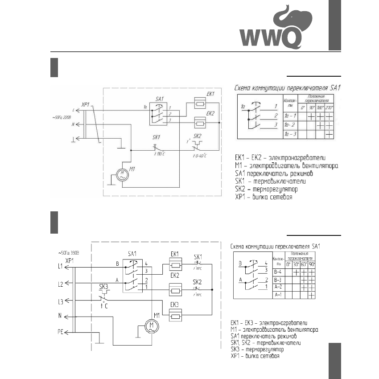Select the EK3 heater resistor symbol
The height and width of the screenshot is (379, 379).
tap(175, 317)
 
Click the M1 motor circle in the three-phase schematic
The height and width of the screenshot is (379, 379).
tap(151, 326)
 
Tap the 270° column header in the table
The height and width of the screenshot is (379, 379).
tap(330, 108)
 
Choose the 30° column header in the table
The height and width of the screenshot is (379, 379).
tap(296, 264)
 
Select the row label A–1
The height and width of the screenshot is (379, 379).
tap(279, 295)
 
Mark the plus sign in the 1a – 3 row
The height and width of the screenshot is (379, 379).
tap(330, 134)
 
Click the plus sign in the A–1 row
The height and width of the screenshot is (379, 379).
tap(311, 295)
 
